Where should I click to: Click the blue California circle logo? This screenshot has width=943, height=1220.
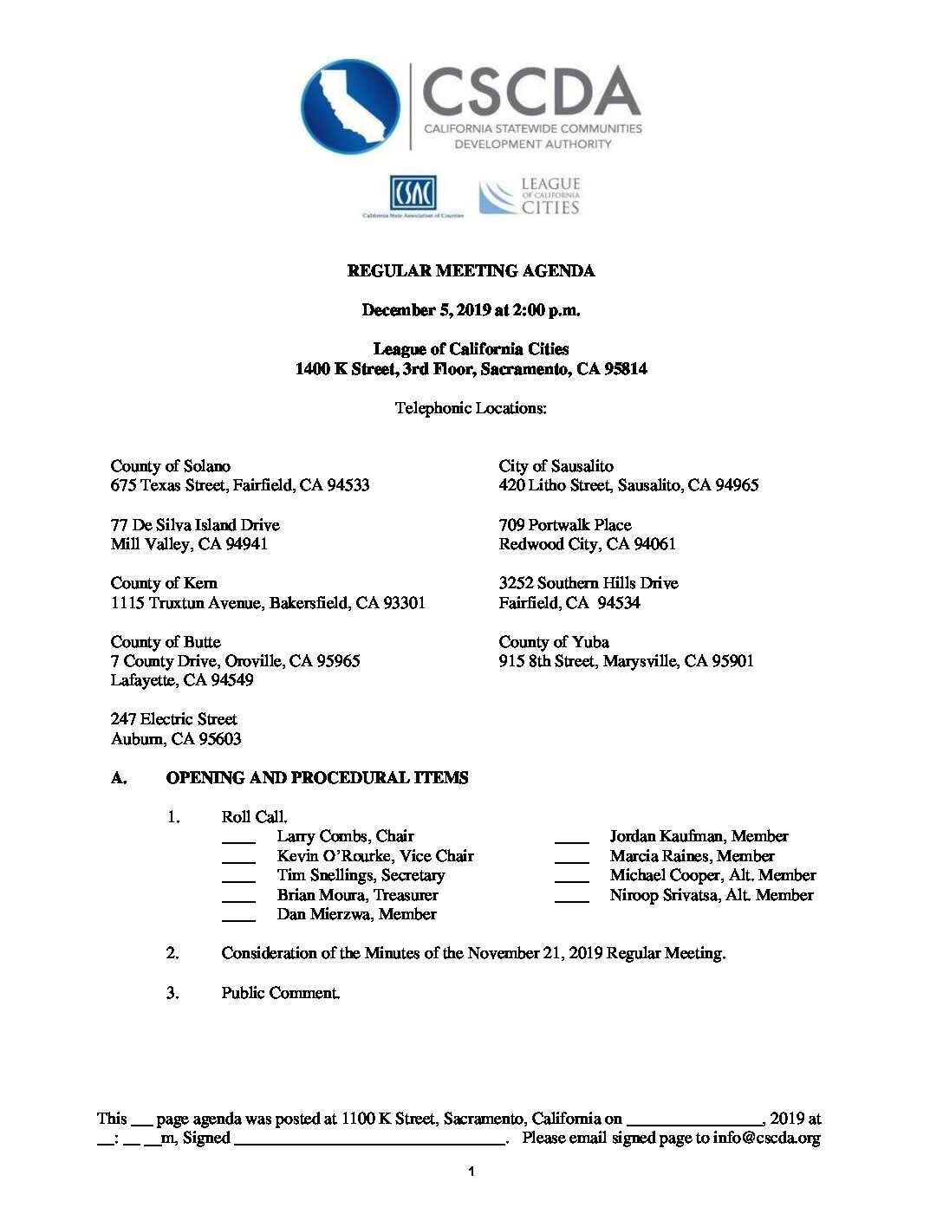pos(350,106)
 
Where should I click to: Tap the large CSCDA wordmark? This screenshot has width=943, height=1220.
pos(531,92)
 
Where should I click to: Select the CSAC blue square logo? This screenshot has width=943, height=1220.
pos(413,192)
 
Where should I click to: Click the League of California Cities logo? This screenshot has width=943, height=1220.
pos(530,197)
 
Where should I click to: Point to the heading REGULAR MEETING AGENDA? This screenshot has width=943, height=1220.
pos(471,271)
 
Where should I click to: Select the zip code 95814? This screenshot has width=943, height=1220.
pos(625,369)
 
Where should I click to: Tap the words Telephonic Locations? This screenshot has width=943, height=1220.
pos(471,408)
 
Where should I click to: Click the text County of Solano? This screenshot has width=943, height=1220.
pos(171,466)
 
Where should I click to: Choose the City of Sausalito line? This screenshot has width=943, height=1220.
pos(556,466)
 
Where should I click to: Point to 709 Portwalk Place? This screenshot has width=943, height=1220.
pos(565,525)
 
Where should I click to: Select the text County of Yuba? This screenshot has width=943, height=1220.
pos(554,642)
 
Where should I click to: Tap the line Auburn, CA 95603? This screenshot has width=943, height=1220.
pos(176,739)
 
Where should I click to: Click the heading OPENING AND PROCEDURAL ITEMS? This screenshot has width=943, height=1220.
pos(317,778)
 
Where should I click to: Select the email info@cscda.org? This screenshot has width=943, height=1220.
pos(766,1139)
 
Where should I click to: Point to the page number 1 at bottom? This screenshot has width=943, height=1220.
pos(471,1172)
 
